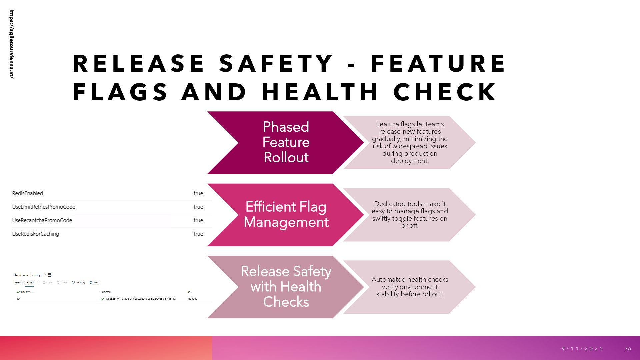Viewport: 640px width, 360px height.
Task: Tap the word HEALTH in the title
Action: click(320, 92)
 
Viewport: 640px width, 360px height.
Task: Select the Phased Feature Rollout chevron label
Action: click(286, 142)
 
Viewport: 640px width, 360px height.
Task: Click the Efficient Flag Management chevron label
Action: click(286, 214)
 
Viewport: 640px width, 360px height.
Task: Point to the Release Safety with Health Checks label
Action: click(286, 287)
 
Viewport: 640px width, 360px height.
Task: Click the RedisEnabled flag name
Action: click(28, 193)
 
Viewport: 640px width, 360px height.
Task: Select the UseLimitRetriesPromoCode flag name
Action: click(44, 207)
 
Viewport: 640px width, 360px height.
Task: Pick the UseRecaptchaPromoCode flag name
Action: click(42, 220)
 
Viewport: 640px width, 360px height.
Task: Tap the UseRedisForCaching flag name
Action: click(36, 234)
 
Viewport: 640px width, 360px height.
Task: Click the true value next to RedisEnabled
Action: click(198, 193)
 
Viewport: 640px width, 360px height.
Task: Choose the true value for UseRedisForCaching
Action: click(198, 234)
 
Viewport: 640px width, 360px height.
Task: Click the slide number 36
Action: click(628, 349)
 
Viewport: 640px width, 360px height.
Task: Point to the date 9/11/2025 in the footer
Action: click(582, 349)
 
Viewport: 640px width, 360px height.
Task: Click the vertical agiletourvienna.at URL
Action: click(12, 44)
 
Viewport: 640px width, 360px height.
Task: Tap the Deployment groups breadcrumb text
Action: click(28, 275)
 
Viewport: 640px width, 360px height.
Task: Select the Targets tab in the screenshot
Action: click(30, 283)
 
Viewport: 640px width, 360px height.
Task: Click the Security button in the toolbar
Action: click(79, 283)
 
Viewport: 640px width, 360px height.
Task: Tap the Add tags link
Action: click(192, 299)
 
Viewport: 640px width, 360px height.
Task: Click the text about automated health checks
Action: click(410, 287)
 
